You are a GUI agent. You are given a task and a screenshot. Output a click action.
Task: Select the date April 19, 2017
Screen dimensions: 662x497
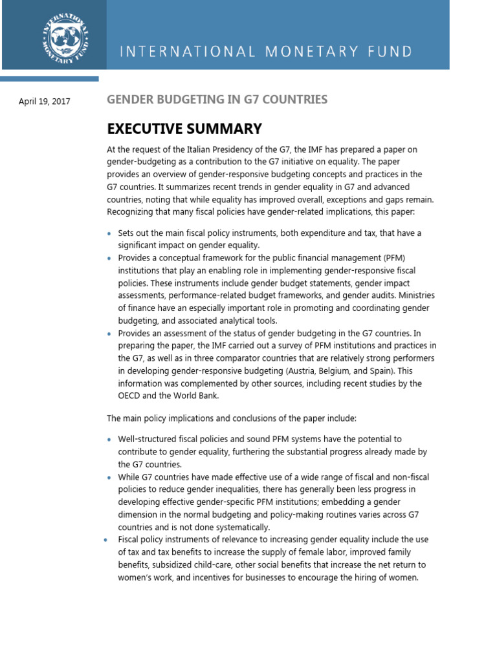point(45,101)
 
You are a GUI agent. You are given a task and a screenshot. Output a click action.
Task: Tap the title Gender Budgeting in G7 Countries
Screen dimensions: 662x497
point(217,100)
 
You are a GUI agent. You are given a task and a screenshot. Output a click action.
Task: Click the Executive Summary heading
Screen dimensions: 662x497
point(184,128)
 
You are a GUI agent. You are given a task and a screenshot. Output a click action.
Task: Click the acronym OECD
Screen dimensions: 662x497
point(129,396)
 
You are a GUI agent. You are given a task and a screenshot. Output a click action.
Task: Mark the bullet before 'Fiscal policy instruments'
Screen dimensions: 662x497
point(105,540)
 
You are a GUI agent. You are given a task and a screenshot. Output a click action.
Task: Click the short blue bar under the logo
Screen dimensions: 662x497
point(49,79)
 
